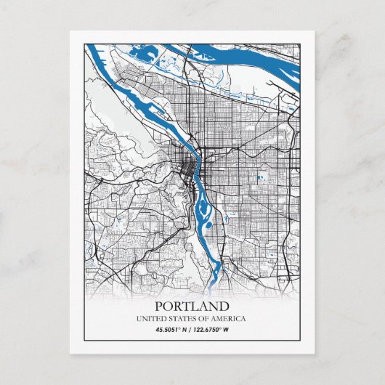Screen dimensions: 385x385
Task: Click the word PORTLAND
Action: [192, 307]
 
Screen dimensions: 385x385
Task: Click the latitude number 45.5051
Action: [168, 331]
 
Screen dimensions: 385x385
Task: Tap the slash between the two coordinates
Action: [191, 331]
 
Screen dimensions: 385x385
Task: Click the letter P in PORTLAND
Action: [159, 307]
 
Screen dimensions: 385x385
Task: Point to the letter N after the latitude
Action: [185, 331]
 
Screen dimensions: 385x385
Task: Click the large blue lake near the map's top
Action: [148, 52]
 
